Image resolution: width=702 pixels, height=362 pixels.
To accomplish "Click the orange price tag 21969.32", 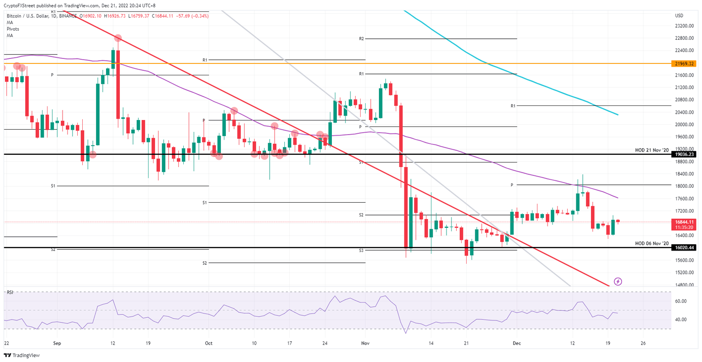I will point(684,63).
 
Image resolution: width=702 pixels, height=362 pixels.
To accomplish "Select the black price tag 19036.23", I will point(684,154).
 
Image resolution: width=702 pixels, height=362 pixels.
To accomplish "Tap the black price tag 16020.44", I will point(684,247).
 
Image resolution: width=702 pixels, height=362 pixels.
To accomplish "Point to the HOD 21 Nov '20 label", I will point(652,150).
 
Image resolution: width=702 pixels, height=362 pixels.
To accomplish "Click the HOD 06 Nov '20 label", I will point(652,243).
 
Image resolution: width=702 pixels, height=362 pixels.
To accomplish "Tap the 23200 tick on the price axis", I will point(684,26).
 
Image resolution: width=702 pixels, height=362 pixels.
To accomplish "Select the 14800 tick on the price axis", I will point(684,285).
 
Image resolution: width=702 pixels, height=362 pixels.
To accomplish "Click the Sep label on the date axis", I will point(57,342).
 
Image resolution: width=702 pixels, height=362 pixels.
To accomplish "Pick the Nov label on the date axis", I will point(365,342).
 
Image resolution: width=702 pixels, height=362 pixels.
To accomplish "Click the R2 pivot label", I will point(362,39).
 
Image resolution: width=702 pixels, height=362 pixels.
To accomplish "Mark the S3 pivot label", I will point(361,251).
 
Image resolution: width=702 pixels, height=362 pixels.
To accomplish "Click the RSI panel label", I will point(10,292).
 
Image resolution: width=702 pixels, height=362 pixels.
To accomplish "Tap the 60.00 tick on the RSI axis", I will point(681,301).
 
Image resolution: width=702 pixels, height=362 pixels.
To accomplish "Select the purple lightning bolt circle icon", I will point(618,282).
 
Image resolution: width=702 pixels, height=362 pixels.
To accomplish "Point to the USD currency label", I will point(679,16).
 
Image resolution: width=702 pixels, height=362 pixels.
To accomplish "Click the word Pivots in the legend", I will point(13,29).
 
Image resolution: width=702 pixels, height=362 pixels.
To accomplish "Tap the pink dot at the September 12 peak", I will point(117,38).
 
